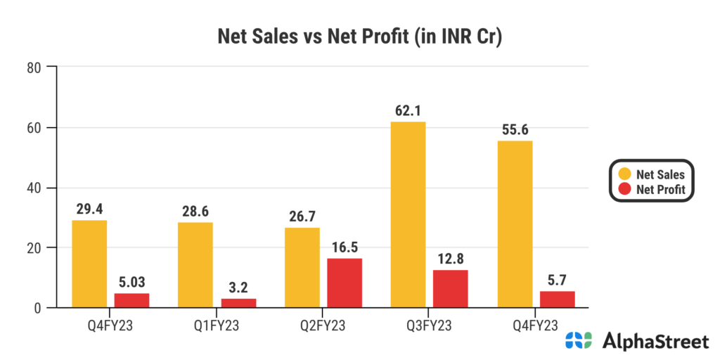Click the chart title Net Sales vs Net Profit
(x=359, y=37)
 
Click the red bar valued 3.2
(x=238, y=302)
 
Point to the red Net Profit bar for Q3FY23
(x=451, y=288)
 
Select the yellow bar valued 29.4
(x=90, y=264)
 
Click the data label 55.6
(x=515, y=129)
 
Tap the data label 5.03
(x=132, y=282)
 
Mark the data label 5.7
(x=558, y=280)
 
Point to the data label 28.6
(x=195, y=211)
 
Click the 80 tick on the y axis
(x=32, y=67)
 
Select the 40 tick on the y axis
(x=32, y=188)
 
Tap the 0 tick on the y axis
(x=34, y=308)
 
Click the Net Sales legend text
(x=660, y=174)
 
